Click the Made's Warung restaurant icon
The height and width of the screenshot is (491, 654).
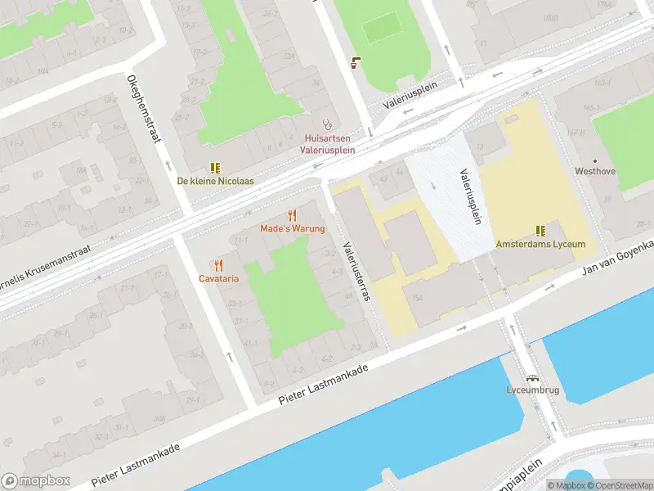tap(293, 216)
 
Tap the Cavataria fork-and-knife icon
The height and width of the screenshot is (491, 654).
tap(218, 265)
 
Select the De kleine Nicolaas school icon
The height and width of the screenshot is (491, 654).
tap(216, 168)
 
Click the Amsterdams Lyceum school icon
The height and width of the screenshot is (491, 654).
tap(540, 231)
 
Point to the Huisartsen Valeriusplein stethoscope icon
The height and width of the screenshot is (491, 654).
tap(328, 125)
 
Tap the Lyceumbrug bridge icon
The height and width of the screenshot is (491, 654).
tap(532, 378)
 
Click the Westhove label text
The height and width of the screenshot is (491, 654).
tap(595, 172)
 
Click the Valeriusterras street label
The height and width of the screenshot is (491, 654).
tap(357, 270)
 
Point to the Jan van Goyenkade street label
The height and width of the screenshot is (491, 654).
tap(617, 258)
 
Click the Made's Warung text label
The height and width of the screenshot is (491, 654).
tap(293, 228)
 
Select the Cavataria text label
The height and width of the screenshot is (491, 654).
tap(218, 278)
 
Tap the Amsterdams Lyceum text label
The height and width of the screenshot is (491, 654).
tap(540, 244)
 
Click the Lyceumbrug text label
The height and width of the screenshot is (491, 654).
tap(532, 390)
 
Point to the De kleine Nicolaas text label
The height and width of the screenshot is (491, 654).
tap(216, 181)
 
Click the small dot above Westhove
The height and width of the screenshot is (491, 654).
tap(595, 161)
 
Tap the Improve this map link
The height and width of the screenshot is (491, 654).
tap(650, 485)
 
